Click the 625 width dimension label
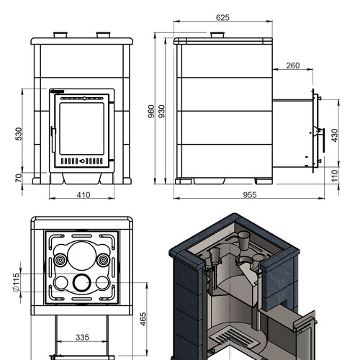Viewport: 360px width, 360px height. point(222,17)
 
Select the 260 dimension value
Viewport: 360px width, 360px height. point(293,66)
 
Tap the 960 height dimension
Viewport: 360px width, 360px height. point(151,112)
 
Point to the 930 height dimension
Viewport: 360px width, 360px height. point(162,112)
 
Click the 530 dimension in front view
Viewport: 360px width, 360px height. point(19,134)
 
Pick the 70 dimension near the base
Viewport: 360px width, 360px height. point(19,178)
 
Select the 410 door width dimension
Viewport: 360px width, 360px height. point(84,195)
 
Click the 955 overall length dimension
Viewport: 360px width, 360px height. point(250,195)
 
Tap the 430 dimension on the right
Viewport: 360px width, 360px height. point(335,135)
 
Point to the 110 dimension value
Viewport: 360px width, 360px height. point(335,176)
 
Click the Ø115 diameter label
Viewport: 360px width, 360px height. point(16,282)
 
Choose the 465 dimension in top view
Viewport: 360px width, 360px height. point(143,319)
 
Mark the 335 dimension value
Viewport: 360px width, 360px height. point(82,338)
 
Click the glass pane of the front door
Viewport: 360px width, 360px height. point(82,129)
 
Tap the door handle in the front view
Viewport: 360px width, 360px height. point(53,140)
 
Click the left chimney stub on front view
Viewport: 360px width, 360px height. point(60,35)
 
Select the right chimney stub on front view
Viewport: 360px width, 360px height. point(103,35)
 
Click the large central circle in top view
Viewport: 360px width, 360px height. point(82,256)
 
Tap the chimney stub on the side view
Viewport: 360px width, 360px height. point(217,35)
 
